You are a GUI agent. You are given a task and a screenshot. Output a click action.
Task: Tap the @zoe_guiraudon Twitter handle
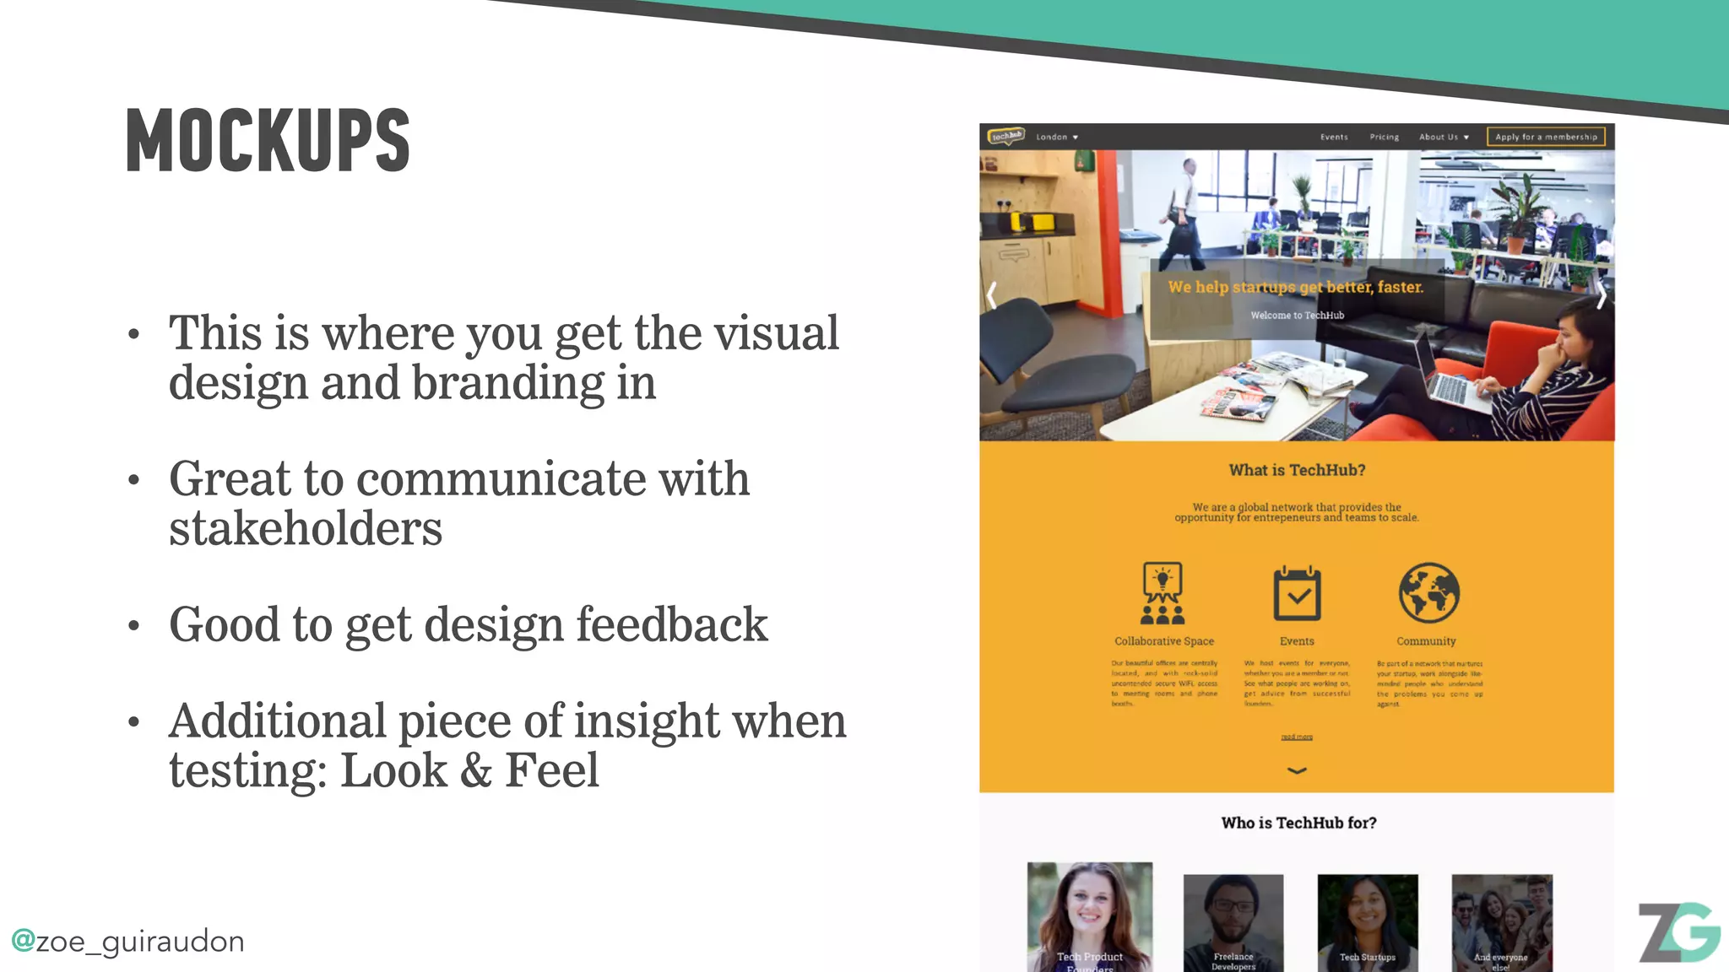tap(127, 941)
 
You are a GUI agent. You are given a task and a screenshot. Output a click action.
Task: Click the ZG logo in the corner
tap(1678, 932)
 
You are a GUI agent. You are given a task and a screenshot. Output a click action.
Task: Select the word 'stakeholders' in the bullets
tap(305, 529)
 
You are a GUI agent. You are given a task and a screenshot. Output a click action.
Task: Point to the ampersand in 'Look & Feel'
tap(475, 770)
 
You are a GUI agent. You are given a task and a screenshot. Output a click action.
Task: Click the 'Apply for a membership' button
tap(1545, 137)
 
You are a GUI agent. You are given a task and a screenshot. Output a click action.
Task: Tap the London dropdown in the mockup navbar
tap(1056, 137)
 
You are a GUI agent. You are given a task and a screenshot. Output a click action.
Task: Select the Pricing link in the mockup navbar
tap(1384, 137)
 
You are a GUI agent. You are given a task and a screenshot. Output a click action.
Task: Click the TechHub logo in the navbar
tap(1006, 136)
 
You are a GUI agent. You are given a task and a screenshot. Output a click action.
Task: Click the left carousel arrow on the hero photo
tap(992, 294)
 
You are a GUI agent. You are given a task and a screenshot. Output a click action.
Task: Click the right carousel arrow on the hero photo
tap(1600, 296)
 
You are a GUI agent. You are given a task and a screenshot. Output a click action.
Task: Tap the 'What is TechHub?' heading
tap(1297, 470)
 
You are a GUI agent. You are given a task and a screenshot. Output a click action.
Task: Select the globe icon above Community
tap(1428, 592)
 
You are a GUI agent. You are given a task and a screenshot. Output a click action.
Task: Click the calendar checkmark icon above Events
tap(1297, 594)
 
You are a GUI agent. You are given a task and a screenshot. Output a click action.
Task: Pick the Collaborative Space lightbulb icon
tap(1163, 592)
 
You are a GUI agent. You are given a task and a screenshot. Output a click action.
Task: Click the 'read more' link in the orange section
tap(1297, 737)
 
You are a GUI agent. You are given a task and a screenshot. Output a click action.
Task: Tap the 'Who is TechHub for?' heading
tap(1298, 823)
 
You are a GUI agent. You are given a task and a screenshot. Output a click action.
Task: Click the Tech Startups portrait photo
tap(1367, 921)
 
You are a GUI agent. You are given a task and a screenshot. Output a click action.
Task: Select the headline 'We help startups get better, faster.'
tap(1295, 287)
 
